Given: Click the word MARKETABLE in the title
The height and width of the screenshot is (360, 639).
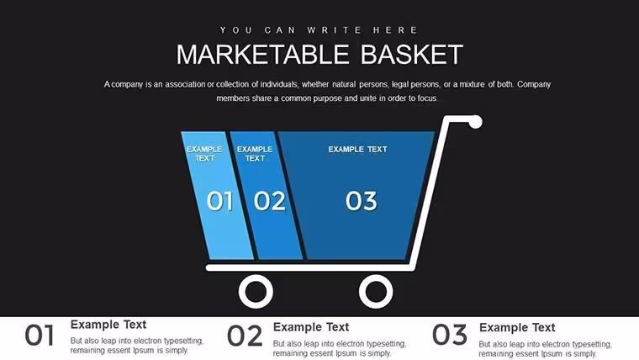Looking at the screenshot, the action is click(x=263, y=55).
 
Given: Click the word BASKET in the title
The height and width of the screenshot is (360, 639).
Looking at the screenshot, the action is click(x=412, y=55).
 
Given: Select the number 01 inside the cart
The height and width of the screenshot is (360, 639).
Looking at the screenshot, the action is click(x=220, y=201).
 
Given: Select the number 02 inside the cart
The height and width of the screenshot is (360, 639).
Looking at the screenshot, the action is click(x=269, y=201).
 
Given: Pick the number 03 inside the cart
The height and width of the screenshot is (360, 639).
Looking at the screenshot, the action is click(x=361, y=201).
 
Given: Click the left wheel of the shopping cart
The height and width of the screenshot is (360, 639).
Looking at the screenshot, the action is click(x=256, y=292).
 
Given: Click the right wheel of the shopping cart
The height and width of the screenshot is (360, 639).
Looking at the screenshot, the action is click(x=376, y=292).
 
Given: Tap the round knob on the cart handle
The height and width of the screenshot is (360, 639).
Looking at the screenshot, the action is click(x=475, y=122).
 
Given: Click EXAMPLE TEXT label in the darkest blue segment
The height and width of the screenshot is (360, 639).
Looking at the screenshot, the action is click(x=358, y=149).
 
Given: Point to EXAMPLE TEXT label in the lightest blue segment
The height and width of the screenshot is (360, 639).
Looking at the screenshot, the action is click(x=204, y=154).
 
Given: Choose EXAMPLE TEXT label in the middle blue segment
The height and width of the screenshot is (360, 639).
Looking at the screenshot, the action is click(x=255, y=154).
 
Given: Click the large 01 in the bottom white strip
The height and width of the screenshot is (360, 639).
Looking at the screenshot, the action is click(x=40, y=336).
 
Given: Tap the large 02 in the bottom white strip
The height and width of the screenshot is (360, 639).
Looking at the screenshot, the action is click(x=245, y=336).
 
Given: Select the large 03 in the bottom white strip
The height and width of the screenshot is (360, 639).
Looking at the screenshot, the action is click(x=450, y=335).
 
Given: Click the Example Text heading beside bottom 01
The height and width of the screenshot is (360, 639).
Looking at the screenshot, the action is click(x=108, y=325).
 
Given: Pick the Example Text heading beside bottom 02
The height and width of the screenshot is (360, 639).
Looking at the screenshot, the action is click(x=311, y=327).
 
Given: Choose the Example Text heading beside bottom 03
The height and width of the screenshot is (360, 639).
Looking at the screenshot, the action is click(x=517, y=327).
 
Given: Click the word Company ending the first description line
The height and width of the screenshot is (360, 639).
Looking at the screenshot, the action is click(x=534, y=84).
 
